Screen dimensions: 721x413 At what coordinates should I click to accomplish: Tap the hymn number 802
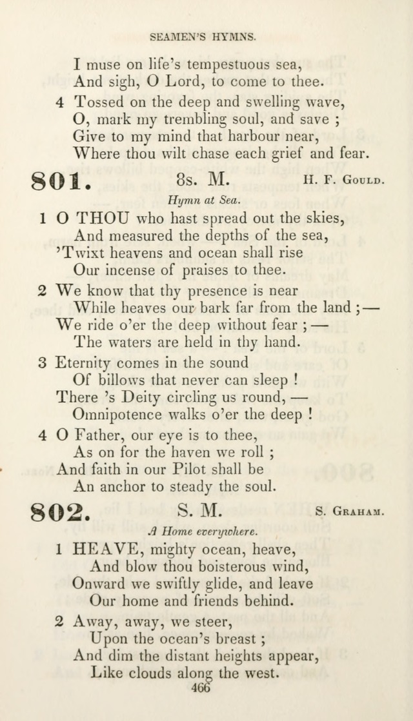(61, 513)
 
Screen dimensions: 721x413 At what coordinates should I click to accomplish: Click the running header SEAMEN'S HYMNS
(203, 38)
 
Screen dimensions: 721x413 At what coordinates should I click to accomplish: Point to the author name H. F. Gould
(343, 181)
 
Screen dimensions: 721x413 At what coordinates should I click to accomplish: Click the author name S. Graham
(350, 513)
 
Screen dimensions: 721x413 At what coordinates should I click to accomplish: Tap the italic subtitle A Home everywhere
(203, 532)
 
